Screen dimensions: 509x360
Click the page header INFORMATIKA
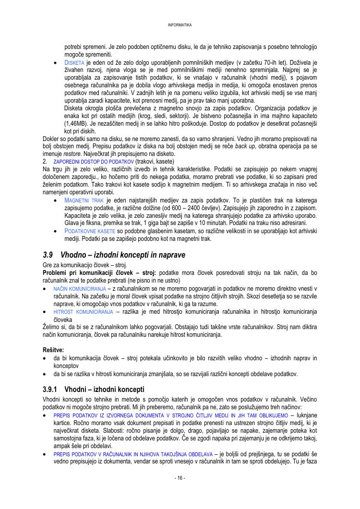pyautogui.click(x=180, y=25)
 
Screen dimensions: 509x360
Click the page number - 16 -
pyautogui.click(x=180, y=478)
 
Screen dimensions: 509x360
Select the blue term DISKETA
pyautogui.click(x=74, y=63)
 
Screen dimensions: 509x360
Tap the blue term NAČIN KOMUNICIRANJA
pyautogui.click(x=80, y=288)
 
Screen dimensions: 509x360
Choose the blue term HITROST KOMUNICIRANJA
pyautogui.click(x=83, y=312)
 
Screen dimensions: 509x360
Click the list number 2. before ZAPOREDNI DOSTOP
pyautogui.click(x=45, y=162)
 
